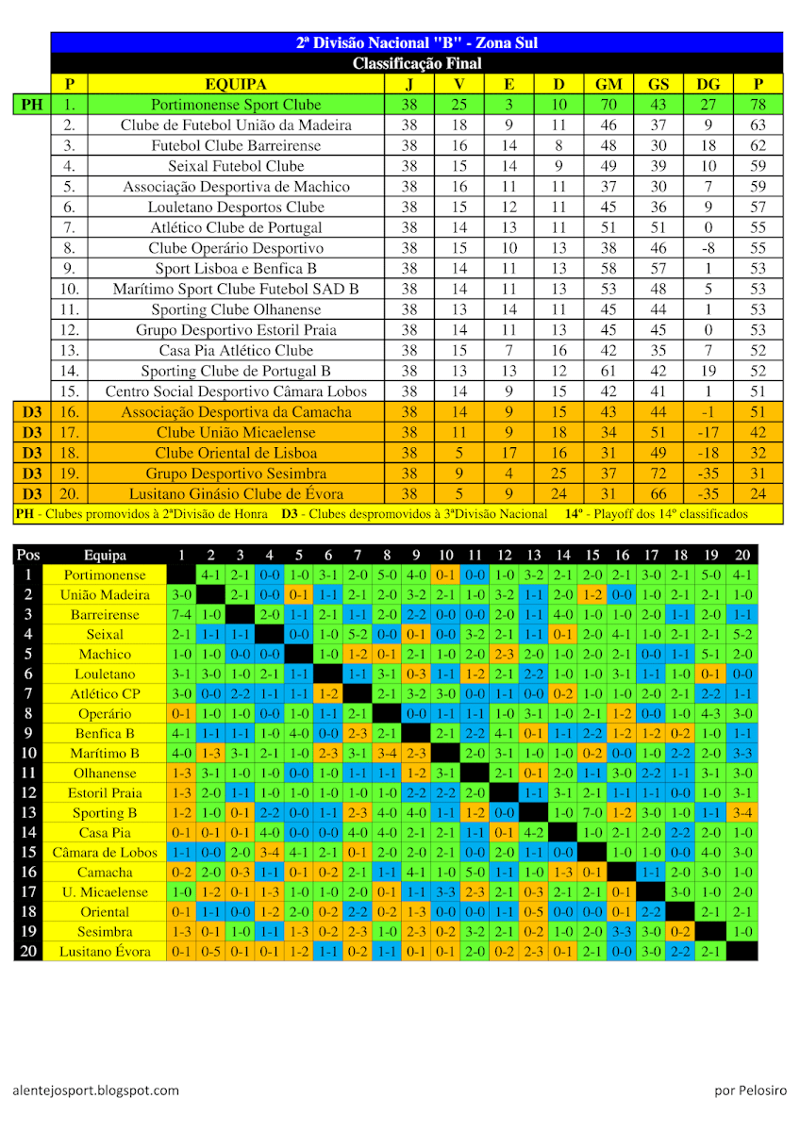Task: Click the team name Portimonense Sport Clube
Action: (x=236, y=105)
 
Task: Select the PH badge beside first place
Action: (x=32, y=105)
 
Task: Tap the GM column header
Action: (x=608, y=84)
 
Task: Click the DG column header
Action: (x=708, y=84)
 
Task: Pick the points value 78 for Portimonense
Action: (x=758, y=105)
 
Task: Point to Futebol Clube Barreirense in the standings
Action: (x=236, y=145)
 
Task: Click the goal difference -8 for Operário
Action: (x=708, y=248)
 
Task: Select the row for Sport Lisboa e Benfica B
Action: (x=236, y=269)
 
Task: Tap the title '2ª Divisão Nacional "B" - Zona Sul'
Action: (x=417, y=42)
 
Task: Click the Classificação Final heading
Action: (x=417, y=63)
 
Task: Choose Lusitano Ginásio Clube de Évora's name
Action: (x=236, y=493)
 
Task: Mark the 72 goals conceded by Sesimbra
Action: (x=658, y=473)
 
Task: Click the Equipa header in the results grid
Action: (x=104, y=556)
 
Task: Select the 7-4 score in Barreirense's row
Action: (x=180, y=614)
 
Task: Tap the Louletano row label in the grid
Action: (x=104, y=674)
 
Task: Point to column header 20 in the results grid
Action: (x=742, y=556)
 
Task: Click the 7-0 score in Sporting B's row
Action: (x=592, y=812)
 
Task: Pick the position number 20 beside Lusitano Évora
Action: (x=27, y=951)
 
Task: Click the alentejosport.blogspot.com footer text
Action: (x=95, y=1090)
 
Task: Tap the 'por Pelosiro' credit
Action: (x=750, y=1090)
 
